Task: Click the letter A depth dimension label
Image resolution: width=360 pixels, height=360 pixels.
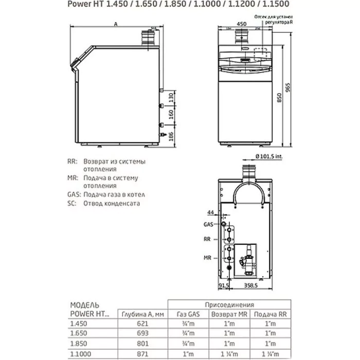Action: [117, 24]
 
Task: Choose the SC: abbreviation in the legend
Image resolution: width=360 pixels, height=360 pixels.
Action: [72, 203]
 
